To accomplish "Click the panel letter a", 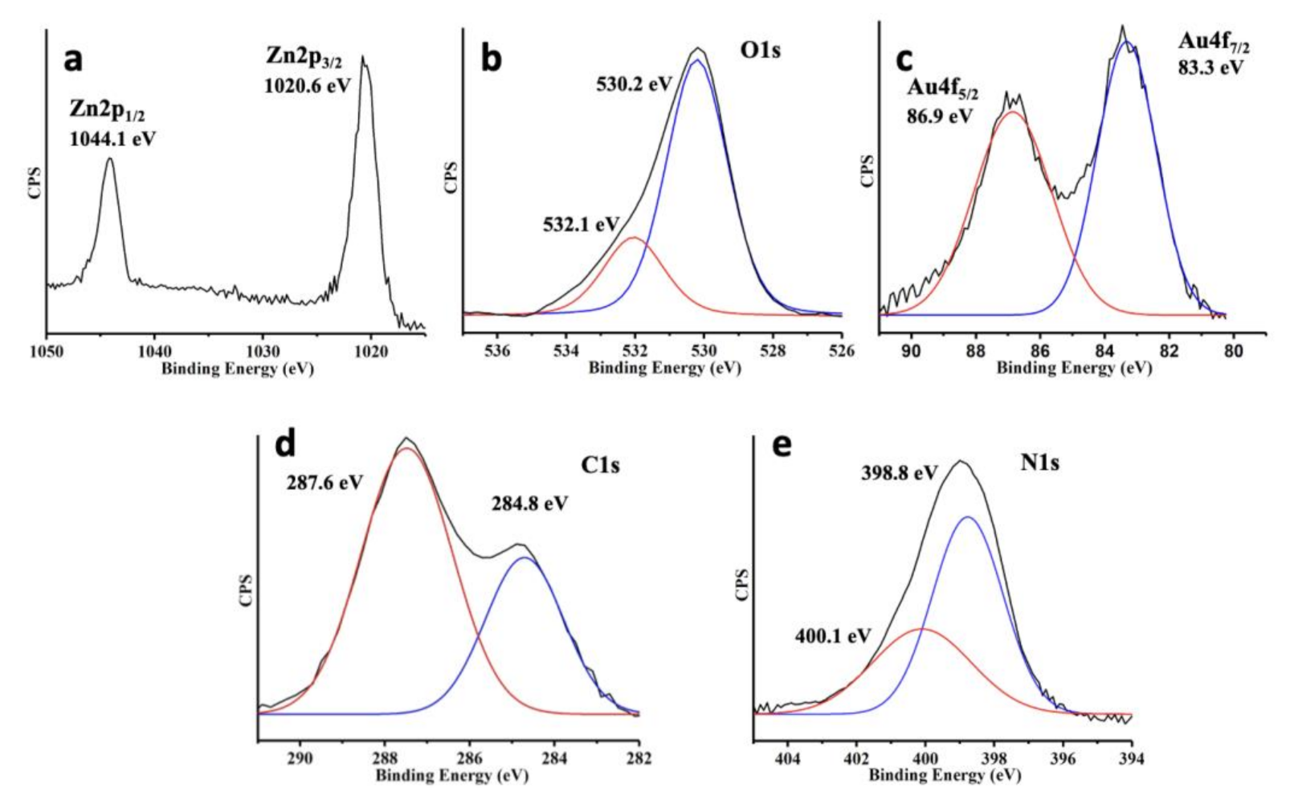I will click(73, 59).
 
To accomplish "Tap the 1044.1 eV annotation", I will click(113, 139).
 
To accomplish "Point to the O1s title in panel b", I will click(760, 51).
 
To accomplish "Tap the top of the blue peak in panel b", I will click(698, 60).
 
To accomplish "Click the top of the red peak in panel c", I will click(1013, 112).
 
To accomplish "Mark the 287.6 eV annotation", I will click(325, 483).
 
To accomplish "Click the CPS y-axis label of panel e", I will click(742, 585).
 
